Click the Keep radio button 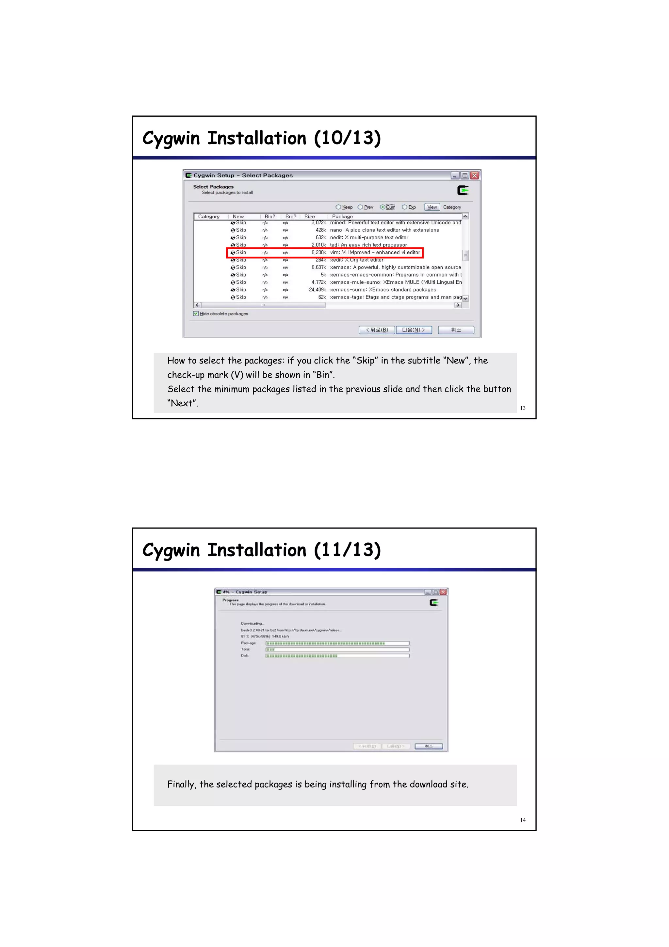point(338,207)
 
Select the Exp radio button point(404,207)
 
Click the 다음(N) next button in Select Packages point(414,330)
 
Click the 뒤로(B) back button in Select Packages point(377,330)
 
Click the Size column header point(310,216)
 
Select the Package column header point(343,216)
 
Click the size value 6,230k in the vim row point(318,252)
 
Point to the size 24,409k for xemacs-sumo point(318,290)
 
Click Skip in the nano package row point(241,230)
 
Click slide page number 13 point(523,408)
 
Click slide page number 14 point(523,820)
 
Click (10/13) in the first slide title point(347,138)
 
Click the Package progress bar point(337,643)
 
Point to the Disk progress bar point(337,656)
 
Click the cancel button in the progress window point(429,746)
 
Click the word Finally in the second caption point(181,785)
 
